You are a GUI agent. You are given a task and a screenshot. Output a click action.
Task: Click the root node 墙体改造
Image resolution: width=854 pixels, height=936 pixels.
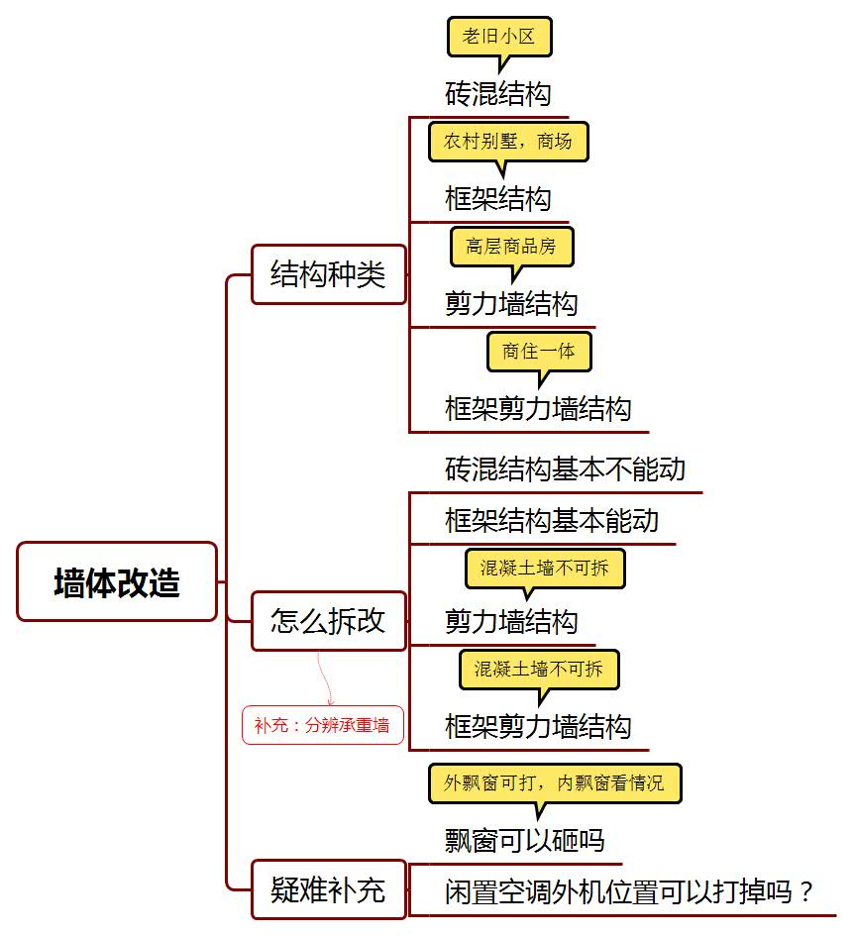[117, 581]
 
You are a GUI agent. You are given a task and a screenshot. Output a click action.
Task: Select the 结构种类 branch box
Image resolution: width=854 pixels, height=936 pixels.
[329, 274]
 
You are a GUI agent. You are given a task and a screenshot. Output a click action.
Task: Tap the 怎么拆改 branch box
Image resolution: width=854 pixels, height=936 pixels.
[329, 621]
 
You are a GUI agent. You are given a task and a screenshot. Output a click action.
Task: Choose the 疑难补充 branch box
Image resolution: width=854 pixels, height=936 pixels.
[329, 890]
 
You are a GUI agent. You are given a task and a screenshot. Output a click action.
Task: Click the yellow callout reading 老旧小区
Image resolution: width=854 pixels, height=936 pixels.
[498, 37]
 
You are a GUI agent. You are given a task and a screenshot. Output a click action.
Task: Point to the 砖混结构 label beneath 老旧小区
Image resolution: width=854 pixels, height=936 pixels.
[498, 94]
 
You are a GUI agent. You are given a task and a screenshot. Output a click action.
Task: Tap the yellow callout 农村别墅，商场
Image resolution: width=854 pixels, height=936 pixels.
[508, 142]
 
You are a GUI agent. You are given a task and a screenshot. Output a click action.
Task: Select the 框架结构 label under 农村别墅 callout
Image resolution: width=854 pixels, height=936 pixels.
[498, 199]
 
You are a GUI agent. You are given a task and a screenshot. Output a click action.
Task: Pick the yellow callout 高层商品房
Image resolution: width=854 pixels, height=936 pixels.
[512, 246]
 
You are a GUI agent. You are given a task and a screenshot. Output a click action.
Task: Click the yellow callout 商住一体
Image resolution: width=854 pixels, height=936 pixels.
[539, 352]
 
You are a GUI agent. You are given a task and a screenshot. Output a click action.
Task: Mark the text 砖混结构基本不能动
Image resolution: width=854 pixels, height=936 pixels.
[565, 469]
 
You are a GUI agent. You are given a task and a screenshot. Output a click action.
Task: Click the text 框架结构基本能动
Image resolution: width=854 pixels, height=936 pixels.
[552, 521]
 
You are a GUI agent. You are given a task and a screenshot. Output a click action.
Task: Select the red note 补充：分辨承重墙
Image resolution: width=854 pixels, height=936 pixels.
[323, 725]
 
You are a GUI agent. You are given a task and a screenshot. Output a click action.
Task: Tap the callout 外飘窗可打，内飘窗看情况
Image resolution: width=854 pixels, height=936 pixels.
[554, 782]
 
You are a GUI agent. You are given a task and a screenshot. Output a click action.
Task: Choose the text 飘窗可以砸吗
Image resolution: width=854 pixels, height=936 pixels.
[525, 841]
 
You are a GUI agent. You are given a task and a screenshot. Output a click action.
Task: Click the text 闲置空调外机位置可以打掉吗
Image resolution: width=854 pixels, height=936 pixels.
[618, 891]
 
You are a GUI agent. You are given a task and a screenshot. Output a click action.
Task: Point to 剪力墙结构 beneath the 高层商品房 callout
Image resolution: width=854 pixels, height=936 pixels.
[511, 304]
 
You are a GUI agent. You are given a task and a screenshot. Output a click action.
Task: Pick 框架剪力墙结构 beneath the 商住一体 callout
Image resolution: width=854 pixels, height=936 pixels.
[538, 409]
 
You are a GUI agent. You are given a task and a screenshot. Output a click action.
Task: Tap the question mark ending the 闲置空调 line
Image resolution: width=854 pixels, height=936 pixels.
[806, 892]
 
